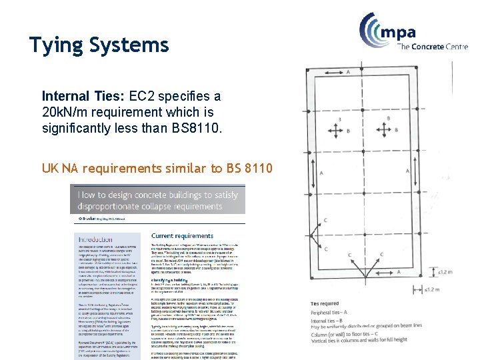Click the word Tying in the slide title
pyautogui.click(x=56, y=45)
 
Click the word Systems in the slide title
pyautogui.click(x=131, y=45)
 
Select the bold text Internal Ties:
pyautogui.click(x=84, y=96)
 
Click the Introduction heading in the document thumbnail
pyautogui.click(x=95, y=239)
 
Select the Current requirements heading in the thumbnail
pyautogui.click(x=182, y=236)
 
